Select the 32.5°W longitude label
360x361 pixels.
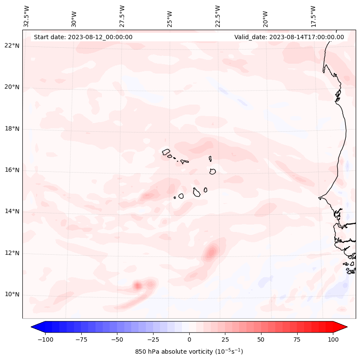[27, 16]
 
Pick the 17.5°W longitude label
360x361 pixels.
[313, 16]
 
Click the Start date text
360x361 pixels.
[83, 37]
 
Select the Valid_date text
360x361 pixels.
[289, 37]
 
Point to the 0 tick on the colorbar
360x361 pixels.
[189, 339]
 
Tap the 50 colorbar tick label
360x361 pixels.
[261, 339]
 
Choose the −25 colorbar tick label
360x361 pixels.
[153, 339]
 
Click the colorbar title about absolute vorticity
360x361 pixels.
[189, 352]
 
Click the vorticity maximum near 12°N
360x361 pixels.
[211, 252]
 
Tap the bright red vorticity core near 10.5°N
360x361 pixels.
[138, 285]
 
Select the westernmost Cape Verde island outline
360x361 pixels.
[166, 151]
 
